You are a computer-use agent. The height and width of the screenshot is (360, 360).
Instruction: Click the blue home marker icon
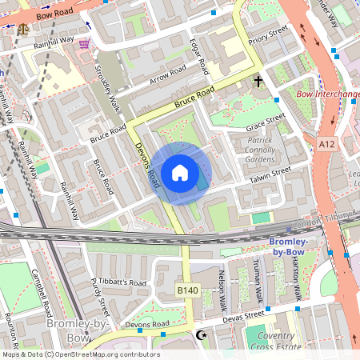180,173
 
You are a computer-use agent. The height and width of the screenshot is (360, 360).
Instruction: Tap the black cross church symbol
258,81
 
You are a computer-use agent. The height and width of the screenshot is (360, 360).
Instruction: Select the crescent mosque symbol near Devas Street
200,334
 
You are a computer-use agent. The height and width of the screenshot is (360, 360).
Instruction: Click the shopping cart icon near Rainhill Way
84,45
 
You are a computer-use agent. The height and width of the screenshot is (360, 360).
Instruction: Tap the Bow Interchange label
327,94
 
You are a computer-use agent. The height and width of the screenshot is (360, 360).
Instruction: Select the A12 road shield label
326,143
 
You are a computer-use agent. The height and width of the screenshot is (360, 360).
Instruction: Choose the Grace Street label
266,122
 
